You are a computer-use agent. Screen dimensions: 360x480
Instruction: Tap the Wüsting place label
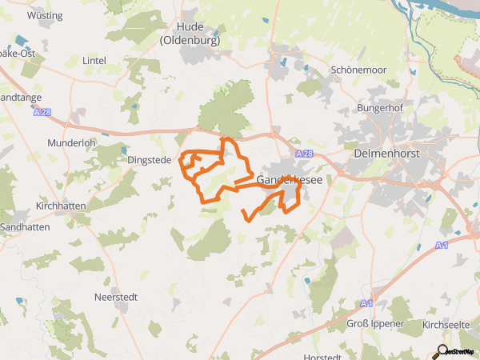45,15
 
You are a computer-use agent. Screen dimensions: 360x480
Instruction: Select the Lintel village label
94,61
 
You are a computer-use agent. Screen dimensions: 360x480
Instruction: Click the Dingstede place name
150,160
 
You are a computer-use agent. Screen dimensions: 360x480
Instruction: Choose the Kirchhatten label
59,206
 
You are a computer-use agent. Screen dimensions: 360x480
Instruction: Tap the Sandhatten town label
25,226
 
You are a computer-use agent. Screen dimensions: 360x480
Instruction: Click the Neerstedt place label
116,297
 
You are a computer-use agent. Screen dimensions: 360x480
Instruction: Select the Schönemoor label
358,70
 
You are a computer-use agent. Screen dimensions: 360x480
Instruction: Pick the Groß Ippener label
375,323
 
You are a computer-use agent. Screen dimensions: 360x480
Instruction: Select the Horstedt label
324,357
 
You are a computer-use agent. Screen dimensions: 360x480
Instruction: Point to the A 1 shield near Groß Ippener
366,303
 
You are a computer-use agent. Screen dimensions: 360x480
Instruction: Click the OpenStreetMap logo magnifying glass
442,350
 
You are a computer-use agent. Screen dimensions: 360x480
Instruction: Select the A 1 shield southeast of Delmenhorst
442,246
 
